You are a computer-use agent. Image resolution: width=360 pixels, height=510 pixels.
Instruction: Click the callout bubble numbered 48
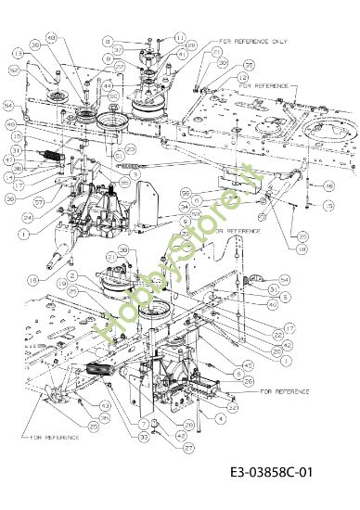50,37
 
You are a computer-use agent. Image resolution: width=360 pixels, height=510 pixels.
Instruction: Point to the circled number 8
109,41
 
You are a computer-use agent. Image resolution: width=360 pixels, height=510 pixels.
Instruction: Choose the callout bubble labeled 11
180,38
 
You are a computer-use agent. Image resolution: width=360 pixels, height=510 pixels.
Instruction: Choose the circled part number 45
249,364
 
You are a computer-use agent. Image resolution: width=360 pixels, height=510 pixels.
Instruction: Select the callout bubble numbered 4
221,419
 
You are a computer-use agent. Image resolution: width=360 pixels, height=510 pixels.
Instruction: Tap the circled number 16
328,185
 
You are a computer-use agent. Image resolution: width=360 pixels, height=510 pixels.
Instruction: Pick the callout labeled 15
328,206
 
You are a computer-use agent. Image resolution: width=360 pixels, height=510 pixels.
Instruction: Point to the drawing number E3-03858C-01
271,473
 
